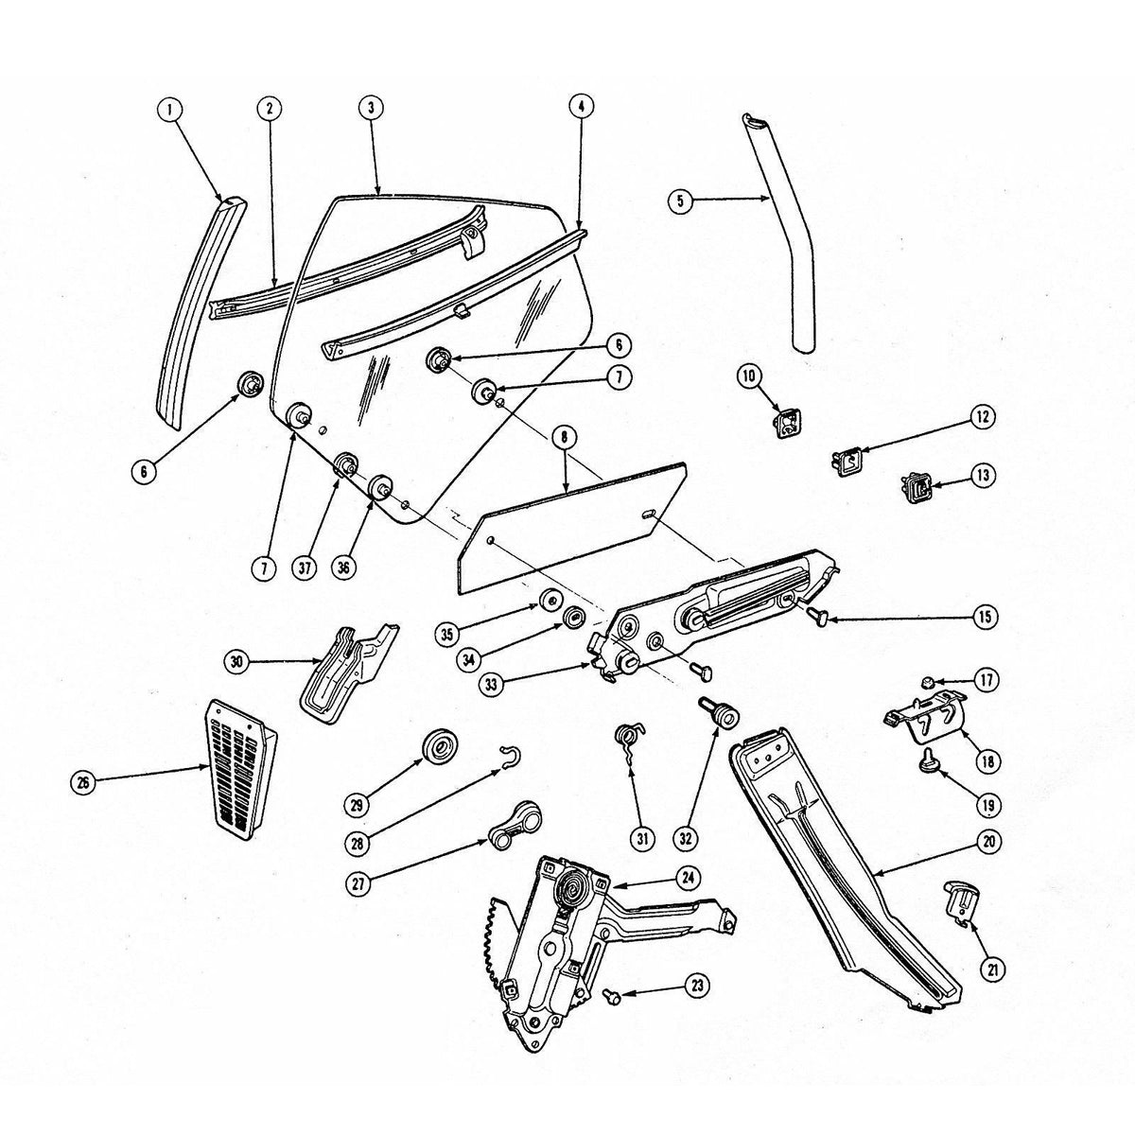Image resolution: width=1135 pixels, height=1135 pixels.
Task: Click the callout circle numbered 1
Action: pyautogui.click(x=170, y=109)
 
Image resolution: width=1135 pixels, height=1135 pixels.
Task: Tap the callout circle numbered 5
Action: pyautogui.click(x=680, y=201)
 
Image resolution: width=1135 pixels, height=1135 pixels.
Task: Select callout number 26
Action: pyautogui.click(x=83, y=782)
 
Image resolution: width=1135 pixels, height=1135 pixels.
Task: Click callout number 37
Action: pyautogui.click(x=305, y=567)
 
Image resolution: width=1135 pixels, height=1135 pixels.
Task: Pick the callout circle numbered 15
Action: pyautogui.click(x=985, y=617)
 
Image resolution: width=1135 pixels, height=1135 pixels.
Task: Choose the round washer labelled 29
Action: pyautogui.click(x=440, y=747)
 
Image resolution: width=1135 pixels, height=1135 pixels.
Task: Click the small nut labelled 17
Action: pyautogui.click(x=927, y=682)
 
